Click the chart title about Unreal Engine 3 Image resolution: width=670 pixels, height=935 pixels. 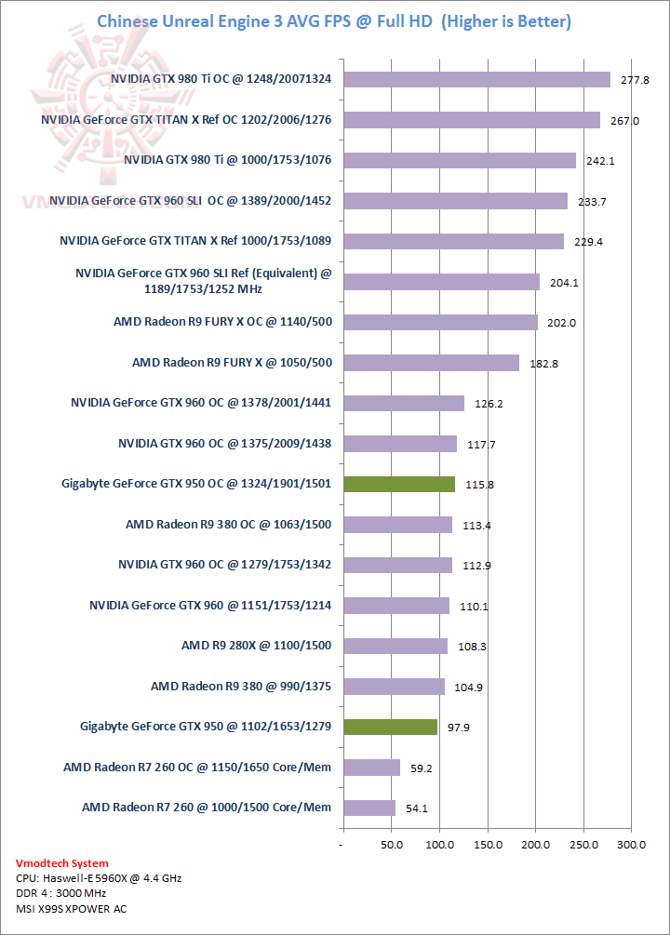pos(334,20)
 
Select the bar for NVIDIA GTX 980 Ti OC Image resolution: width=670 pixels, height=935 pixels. pos(476,79)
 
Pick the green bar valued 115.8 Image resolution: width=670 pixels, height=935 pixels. pos(399,484)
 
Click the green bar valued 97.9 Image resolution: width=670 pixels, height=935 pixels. pos(390,727)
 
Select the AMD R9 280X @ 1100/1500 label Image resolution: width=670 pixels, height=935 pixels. pos(257,645)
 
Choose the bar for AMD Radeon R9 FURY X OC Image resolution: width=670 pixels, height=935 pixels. pos(441,322)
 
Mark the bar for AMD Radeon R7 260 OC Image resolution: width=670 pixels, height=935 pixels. pos(371,768)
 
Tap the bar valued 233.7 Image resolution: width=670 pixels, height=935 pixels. pos(455,201)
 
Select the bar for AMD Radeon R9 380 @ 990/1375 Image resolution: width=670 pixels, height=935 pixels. pos(395,687)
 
